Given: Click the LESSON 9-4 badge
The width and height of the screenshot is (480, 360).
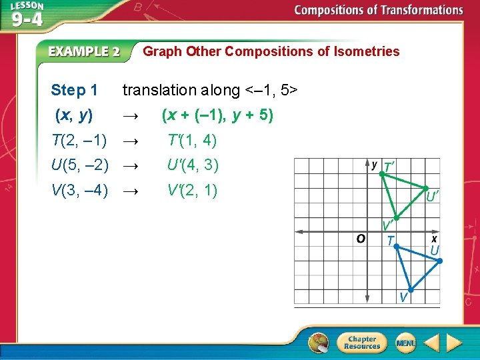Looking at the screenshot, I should click(x=27, y=14).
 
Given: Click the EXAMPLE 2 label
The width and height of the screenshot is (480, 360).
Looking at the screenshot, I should click(x=84, y=51).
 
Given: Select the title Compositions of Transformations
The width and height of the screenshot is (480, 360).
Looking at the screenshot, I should click(x=378, y=10).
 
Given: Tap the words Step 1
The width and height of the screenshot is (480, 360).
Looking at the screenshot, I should click(x=74, y=90).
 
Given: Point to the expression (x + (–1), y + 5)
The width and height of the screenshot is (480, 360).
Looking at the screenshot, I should click(x=217, y=115).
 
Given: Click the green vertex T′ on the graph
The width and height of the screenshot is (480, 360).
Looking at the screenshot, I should click(x=381, y=173).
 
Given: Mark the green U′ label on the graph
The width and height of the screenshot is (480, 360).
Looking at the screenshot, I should click(x=432, y=196).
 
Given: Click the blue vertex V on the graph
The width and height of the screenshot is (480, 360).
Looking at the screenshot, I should click(x=411, y=290).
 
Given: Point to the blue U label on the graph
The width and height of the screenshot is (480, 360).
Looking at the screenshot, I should click(x=434, y=250).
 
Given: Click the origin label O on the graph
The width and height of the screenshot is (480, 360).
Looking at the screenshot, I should click(x=360, y=239).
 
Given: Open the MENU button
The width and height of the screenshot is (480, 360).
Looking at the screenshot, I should click(x=405, y=343).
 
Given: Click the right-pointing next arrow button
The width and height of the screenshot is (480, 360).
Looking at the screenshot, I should click(x=454, y=343).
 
